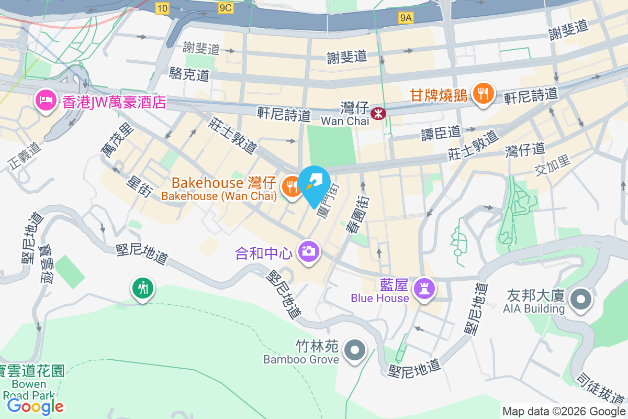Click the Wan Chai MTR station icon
pos(377,113)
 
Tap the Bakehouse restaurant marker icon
pos(291,186)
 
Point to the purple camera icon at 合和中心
pos(308,251)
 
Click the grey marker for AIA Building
pos(580,300)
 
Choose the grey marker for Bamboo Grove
pos(355,349)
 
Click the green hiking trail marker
pos(142,288)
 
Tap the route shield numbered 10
pos(162,7)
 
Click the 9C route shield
pos(226,7)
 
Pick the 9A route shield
pos(406,18)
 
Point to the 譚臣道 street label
pos(441,133)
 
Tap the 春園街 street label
pos(356,214)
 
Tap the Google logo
pos(36,406)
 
